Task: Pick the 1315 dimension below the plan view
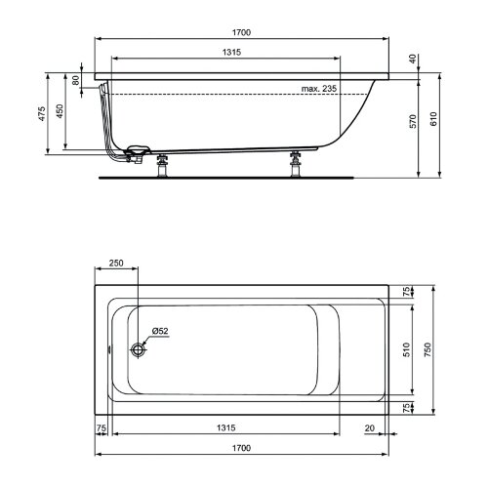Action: click(x=226, y=427)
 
